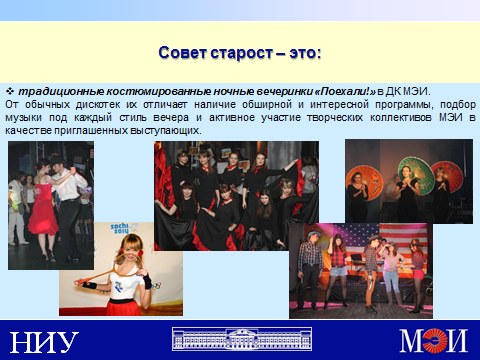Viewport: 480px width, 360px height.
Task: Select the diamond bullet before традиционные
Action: (10, 91)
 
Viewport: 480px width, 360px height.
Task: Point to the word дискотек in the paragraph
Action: (98, 105)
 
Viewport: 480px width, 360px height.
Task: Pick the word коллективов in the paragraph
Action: (401, 118)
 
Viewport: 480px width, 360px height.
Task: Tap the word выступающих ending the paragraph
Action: (166, 131)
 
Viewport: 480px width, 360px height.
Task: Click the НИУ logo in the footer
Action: (44, 342)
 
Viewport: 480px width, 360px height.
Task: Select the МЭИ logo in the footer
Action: (434, 340)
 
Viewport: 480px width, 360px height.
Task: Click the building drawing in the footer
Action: (242, 339)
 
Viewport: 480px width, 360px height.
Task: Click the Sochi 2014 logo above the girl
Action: (123, 228)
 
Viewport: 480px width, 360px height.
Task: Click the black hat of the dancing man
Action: (58, 161)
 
